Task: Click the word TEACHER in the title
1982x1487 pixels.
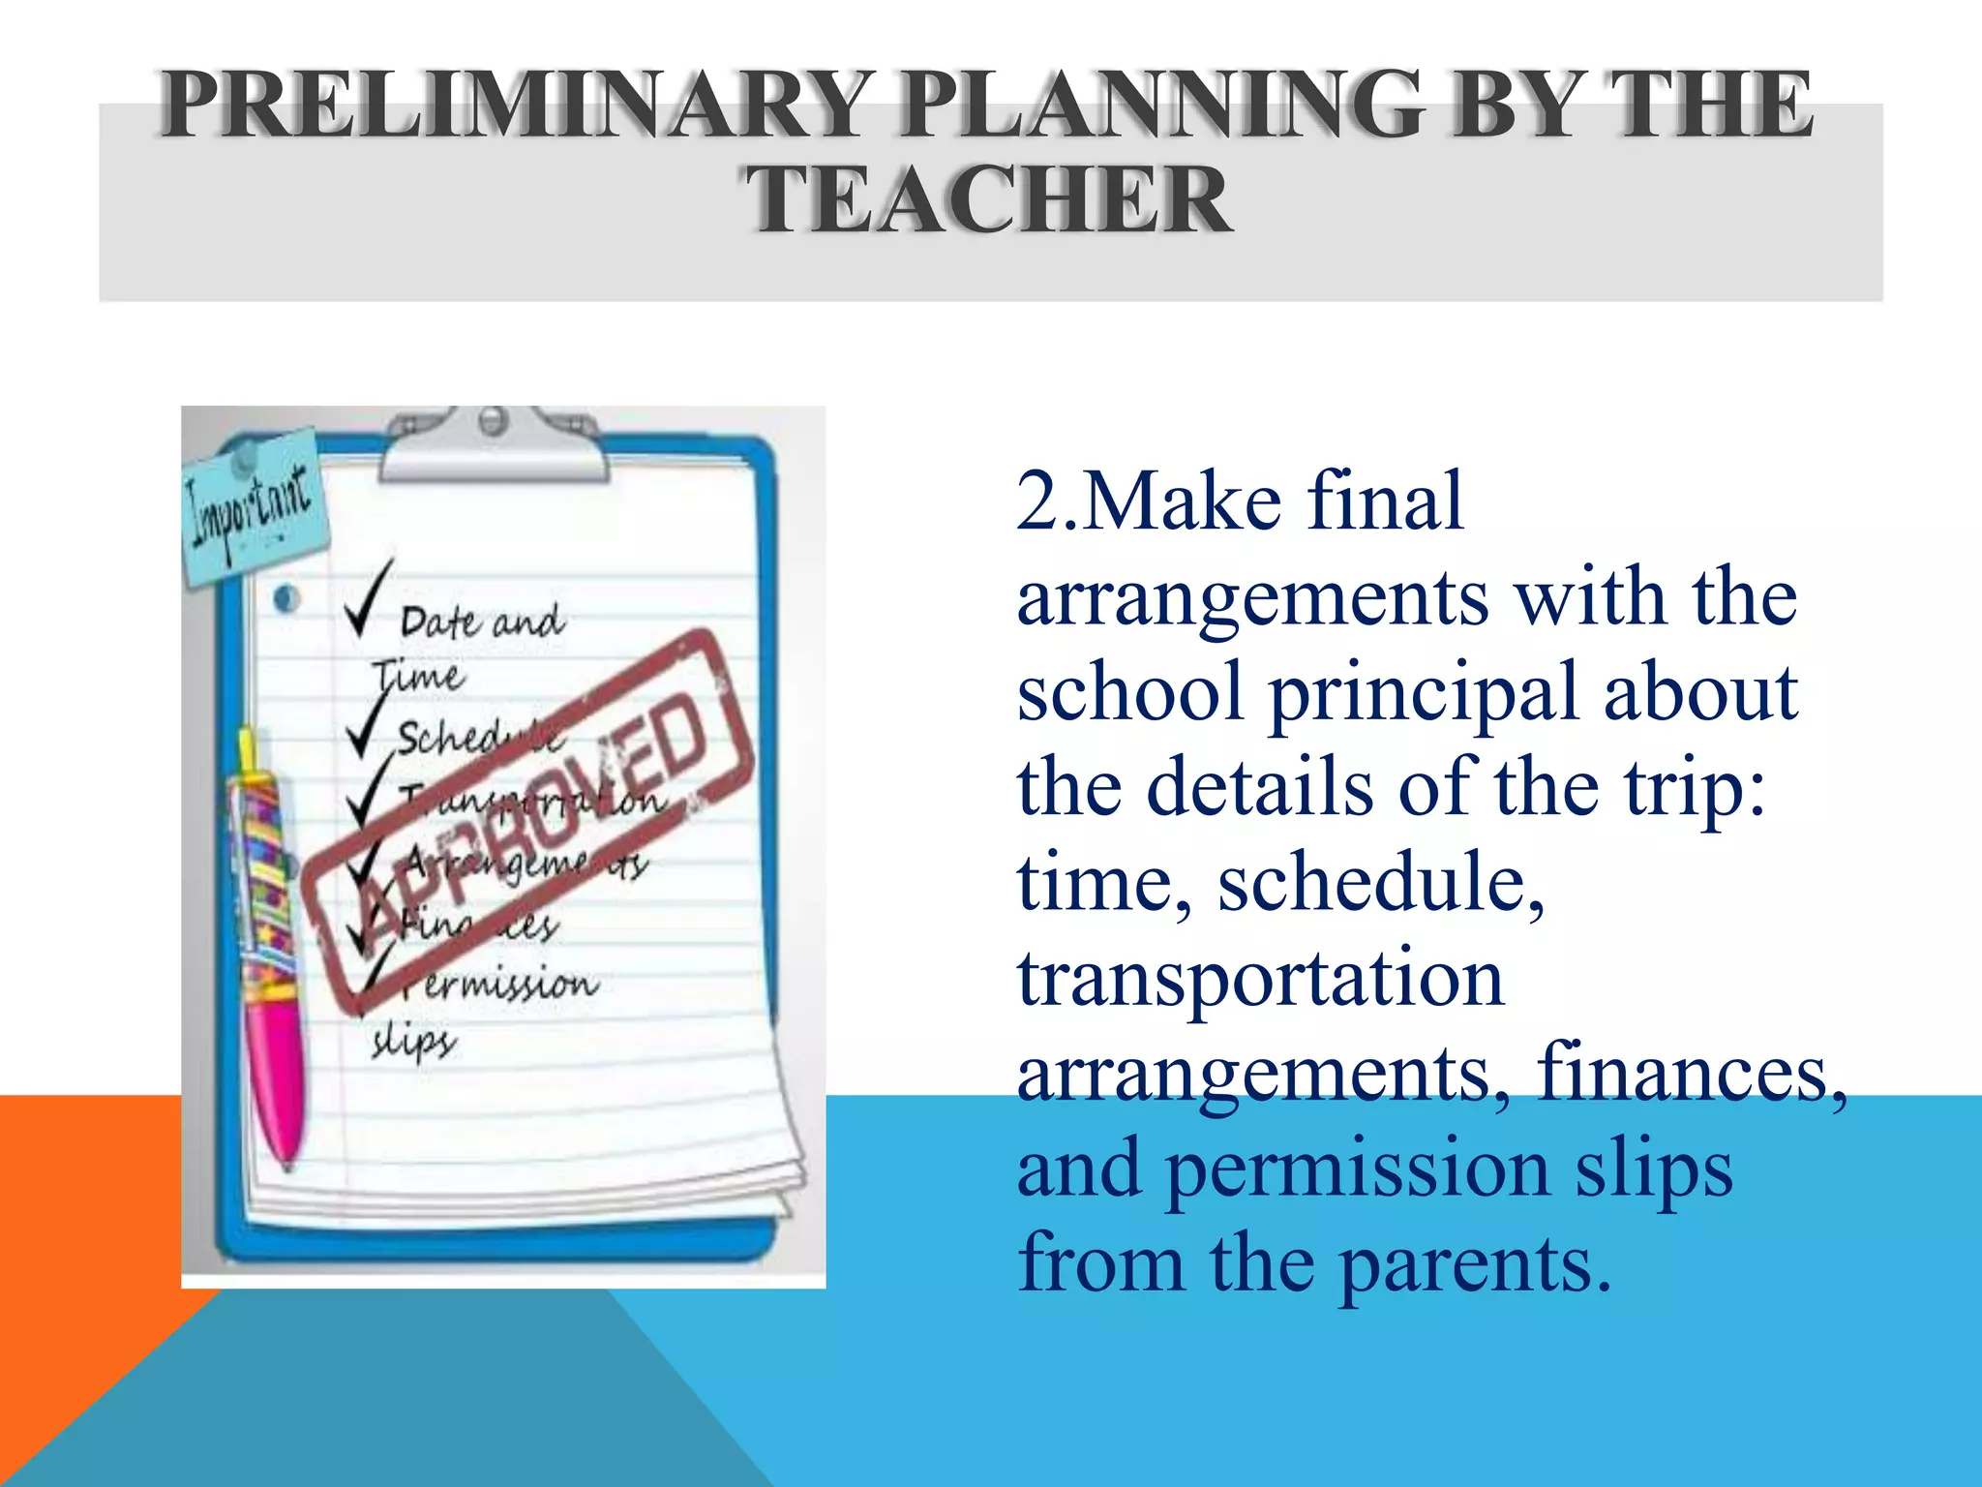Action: coord(989,200)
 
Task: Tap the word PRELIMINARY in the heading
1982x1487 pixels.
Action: coord(514,105)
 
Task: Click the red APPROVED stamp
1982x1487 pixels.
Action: coord(527,818)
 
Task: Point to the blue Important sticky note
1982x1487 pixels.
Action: coord(254,508)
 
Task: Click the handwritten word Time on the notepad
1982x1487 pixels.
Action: coord(418,674)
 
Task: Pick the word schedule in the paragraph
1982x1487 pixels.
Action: coord(1378,882)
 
